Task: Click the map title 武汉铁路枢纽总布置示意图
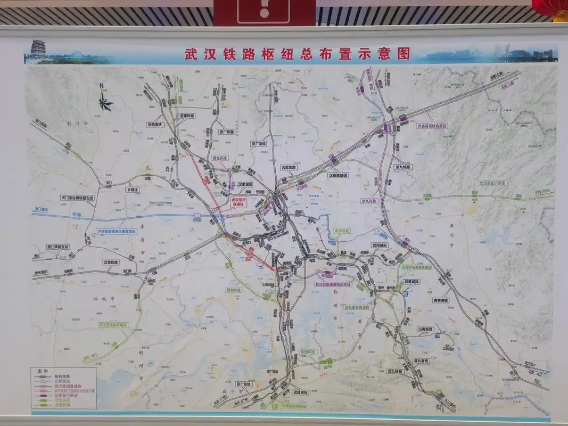point(298,54)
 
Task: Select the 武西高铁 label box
point(155,124)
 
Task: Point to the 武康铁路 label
point(187,116)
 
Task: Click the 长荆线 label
point(133,189)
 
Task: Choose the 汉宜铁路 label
point(111,263)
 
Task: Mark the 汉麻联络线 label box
point(337,175)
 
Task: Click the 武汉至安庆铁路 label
point(492,183)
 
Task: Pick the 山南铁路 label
point(426,330)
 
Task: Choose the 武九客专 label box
point(424,361)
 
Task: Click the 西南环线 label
point(234,291)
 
